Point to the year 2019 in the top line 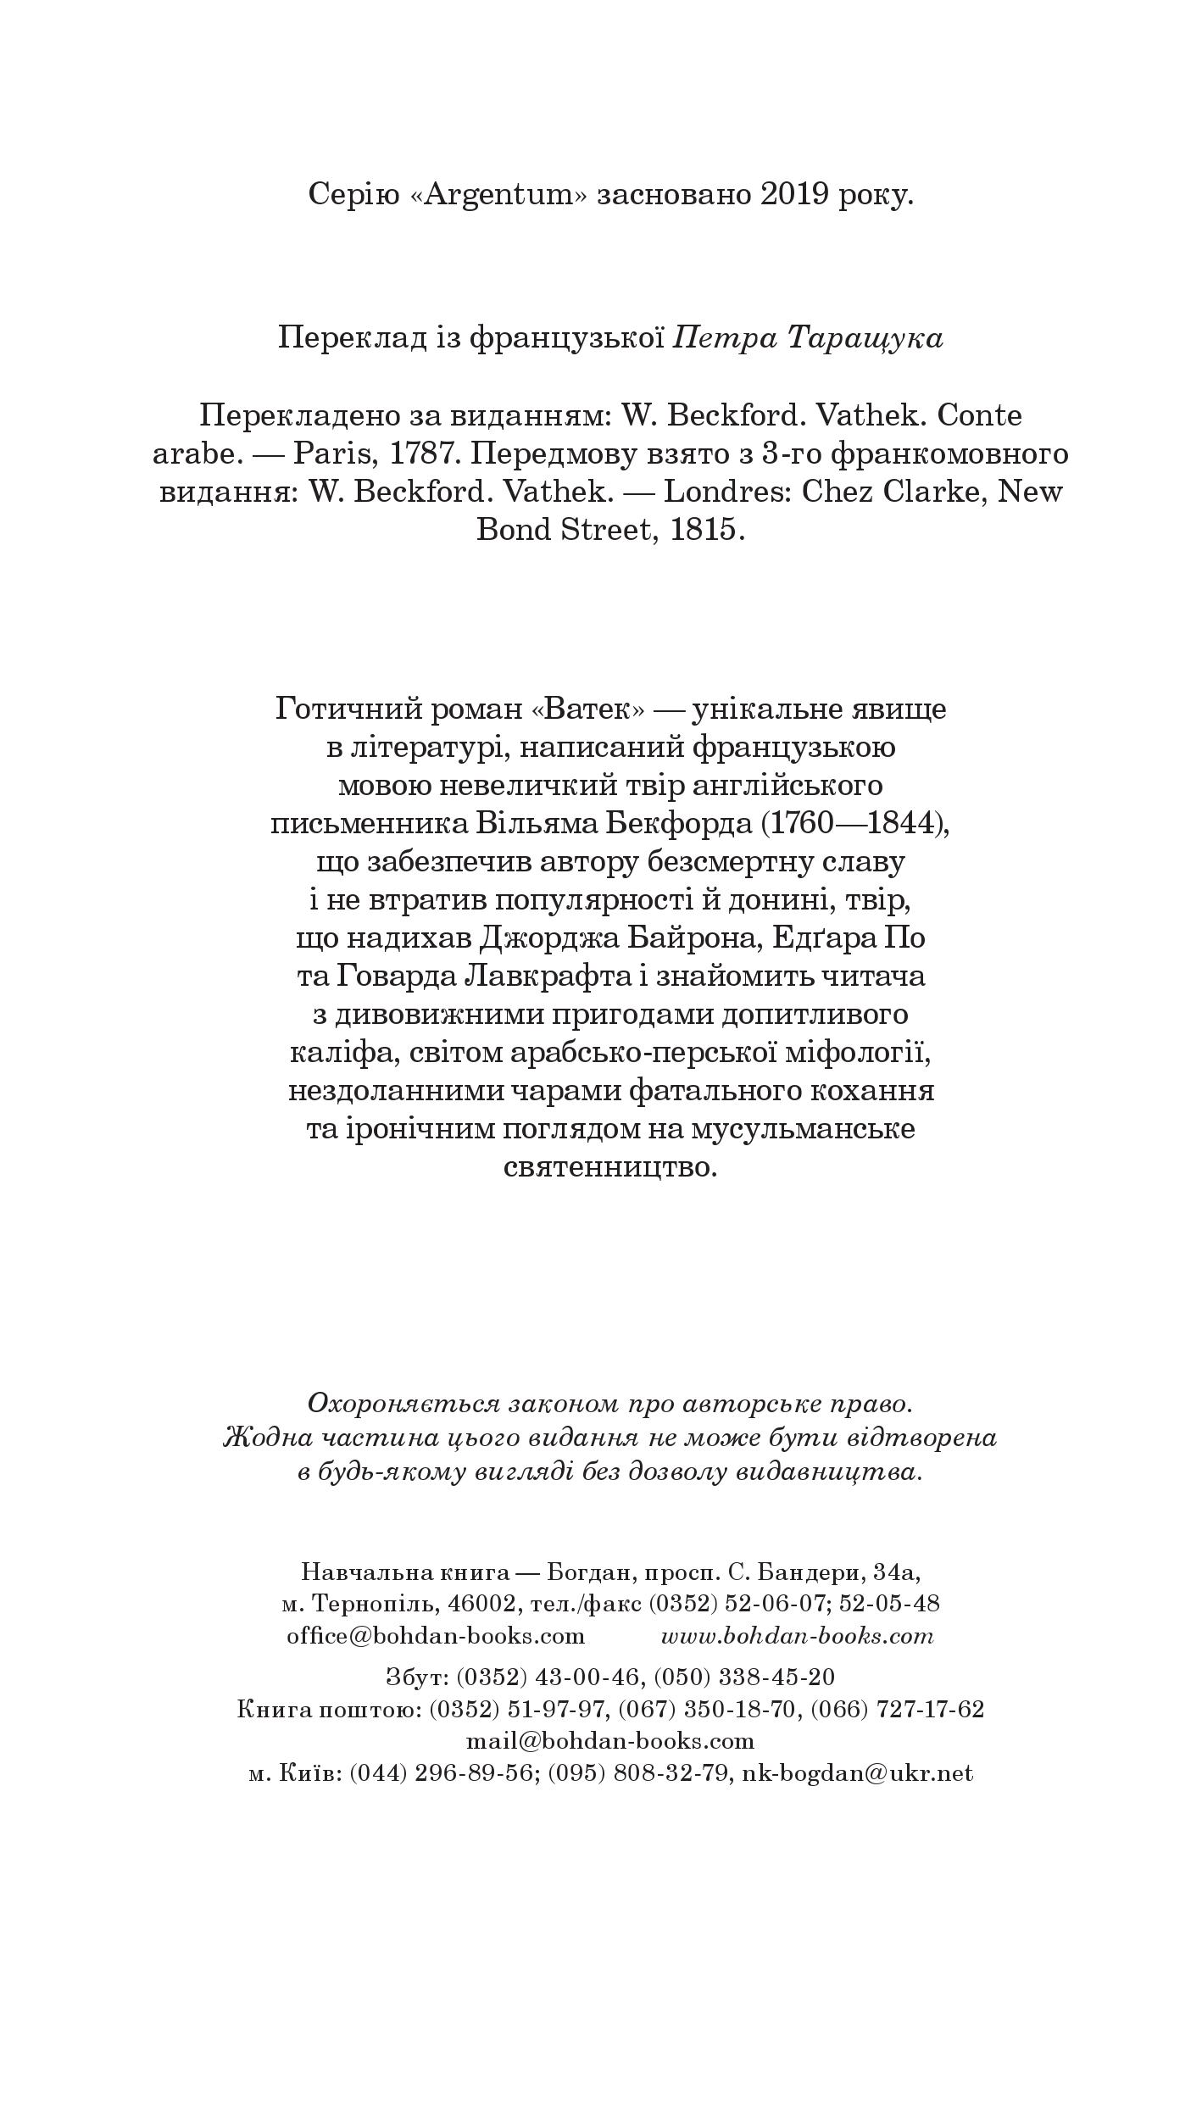tap(793, 195)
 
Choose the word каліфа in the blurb tap(339, 1053)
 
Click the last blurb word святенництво tap(610, 1167)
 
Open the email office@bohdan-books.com tap(435, 1635)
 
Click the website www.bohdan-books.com tap(797, 1635)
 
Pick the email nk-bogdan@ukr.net tap(857, 1772)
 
